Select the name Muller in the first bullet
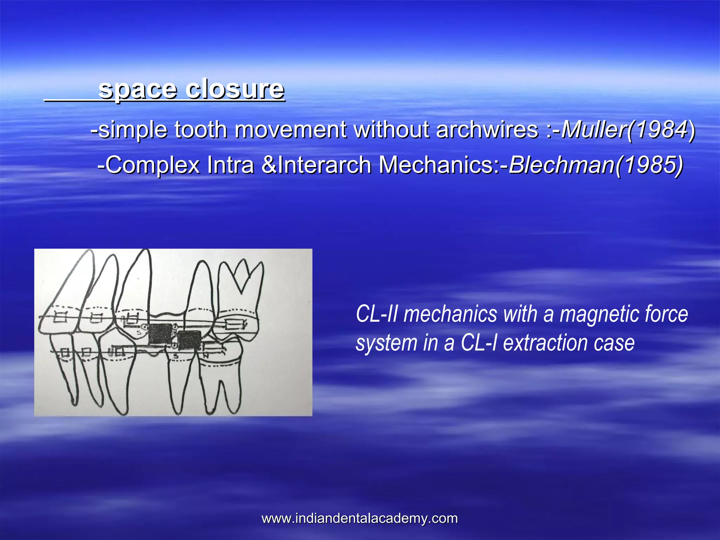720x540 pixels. coord(594,129)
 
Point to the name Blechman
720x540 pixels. coord(561,165)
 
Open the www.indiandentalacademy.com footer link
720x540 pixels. coord(360,518)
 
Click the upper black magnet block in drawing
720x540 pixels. coord(160,334)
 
